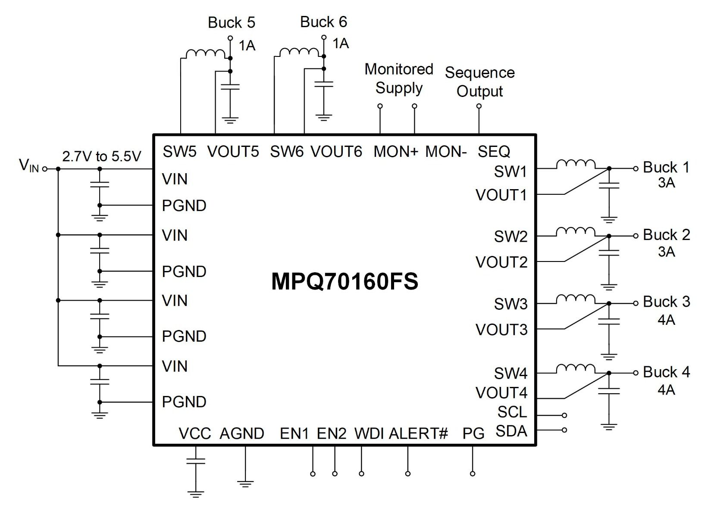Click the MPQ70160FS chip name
(345, 281)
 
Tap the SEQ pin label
(494, 152)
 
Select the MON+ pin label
(395, 152)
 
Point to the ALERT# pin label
(418, 433)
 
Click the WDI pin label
(369, 433)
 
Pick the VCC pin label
(195, 433)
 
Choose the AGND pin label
(242, 433)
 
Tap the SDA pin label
(511, 431)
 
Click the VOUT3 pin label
(501, 330)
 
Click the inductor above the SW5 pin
(205, 54)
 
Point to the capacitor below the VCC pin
(196, 461)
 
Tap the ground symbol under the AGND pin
(245, 484)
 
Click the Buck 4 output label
(666, 372)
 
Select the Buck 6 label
(323, 22)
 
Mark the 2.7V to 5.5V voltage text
(101, 156)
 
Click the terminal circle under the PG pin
(473, 474)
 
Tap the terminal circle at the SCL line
(564, 415)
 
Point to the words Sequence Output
(479, 82)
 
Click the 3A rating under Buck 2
(666, 252)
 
